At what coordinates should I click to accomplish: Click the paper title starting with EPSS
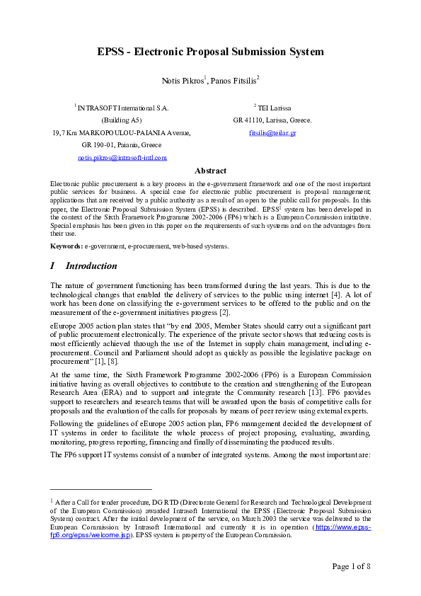click(x=210, y=52)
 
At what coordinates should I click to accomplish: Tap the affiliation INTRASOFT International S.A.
click(x=123, y=108)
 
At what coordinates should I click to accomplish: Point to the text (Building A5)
click(x=122, y=120)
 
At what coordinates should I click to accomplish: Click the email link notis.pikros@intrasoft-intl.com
click(x=122, y=157)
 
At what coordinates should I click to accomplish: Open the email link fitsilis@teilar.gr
click(x=272, y=133)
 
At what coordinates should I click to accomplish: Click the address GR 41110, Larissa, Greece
click(x=272, y=120)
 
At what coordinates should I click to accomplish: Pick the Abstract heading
click(x=210, y=171)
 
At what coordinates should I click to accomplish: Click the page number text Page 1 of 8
click(x=352, y=566)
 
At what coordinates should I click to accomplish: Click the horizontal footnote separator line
click(x=101, y=488)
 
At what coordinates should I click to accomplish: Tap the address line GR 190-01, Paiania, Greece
click(x=122, y=145)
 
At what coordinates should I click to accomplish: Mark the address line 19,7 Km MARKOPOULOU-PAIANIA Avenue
click(x=122, y=133)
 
